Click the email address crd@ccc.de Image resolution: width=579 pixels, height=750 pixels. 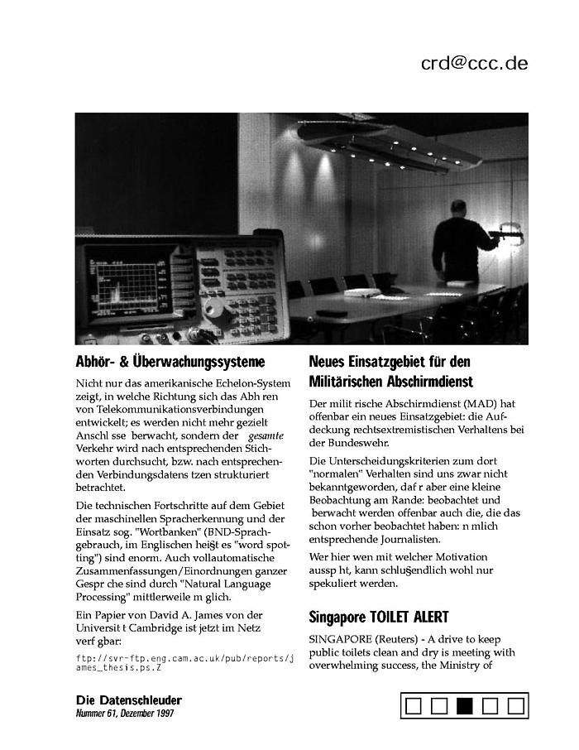pos(473,64)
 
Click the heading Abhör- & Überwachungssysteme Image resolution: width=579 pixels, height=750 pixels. pos(170,362)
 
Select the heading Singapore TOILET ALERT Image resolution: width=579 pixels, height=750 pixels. pos(379,617)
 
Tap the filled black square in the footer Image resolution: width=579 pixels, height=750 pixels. pos(465,705)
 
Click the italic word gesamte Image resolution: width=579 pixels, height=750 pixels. pos(266,435)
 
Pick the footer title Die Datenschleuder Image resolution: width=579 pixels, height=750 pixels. pos(128,700)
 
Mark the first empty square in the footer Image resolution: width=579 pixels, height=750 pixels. pos(414,705)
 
